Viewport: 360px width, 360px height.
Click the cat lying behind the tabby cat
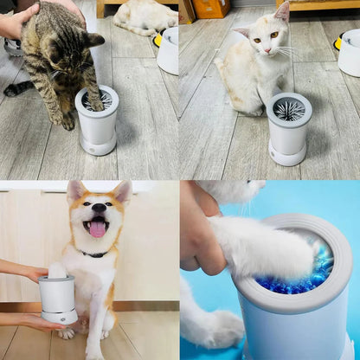coord(143,16)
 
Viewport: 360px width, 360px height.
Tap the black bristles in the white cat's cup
coord(288,110)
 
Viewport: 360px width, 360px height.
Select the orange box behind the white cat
coord(210,8)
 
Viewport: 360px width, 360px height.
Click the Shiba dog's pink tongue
coord(97,228)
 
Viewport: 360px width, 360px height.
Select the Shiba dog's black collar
coord(92,254)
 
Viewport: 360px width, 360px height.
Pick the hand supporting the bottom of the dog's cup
coord(35,322)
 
